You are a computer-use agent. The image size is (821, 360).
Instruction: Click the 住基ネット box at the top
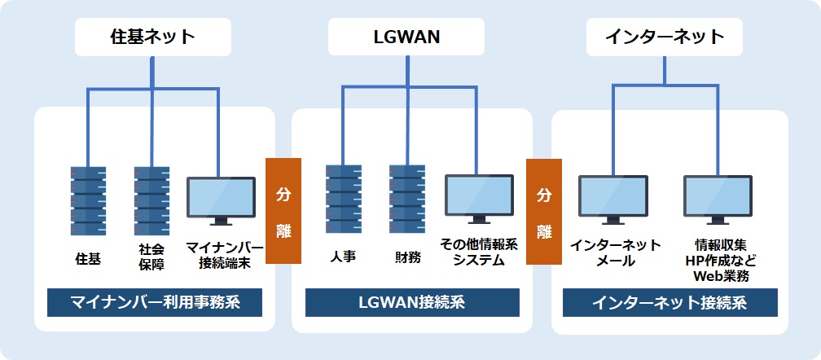153,37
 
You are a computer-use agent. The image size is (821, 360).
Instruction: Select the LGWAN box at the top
406,37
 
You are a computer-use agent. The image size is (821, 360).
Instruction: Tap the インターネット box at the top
665,37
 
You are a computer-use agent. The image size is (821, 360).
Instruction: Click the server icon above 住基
89,200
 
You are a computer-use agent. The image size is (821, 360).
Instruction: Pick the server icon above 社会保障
152,200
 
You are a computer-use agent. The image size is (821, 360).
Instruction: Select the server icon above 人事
343,200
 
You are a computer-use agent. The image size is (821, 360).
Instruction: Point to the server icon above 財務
406,200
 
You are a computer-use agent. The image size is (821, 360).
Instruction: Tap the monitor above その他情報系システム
479,199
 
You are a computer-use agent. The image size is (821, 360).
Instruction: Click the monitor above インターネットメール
613,200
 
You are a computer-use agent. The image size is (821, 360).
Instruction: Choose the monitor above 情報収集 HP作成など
718,200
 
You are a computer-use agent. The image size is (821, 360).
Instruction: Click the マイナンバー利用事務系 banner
155,303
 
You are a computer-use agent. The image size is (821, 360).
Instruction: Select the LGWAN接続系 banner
412,303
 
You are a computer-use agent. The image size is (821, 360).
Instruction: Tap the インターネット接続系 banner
670,303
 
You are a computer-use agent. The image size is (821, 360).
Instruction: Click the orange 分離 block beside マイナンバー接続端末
283,211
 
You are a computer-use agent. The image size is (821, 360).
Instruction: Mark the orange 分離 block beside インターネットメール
543,211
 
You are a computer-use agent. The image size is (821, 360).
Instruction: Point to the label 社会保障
151,257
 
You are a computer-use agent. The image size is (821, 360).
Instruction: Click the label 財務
406,257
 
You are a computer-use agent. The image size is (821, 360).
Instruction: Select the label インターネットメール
615,252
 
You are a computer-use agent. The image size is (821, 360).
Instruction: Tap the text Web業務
721,276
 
